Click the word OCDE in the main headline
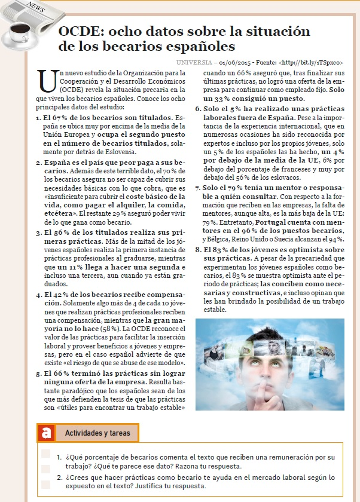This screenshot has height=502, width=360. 80,32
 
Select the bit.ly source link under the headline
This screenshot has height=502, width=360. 317,62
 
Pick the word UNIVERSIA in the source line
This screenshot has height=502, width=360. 195,62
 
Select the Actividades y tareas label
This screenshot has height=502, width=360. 97,432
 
